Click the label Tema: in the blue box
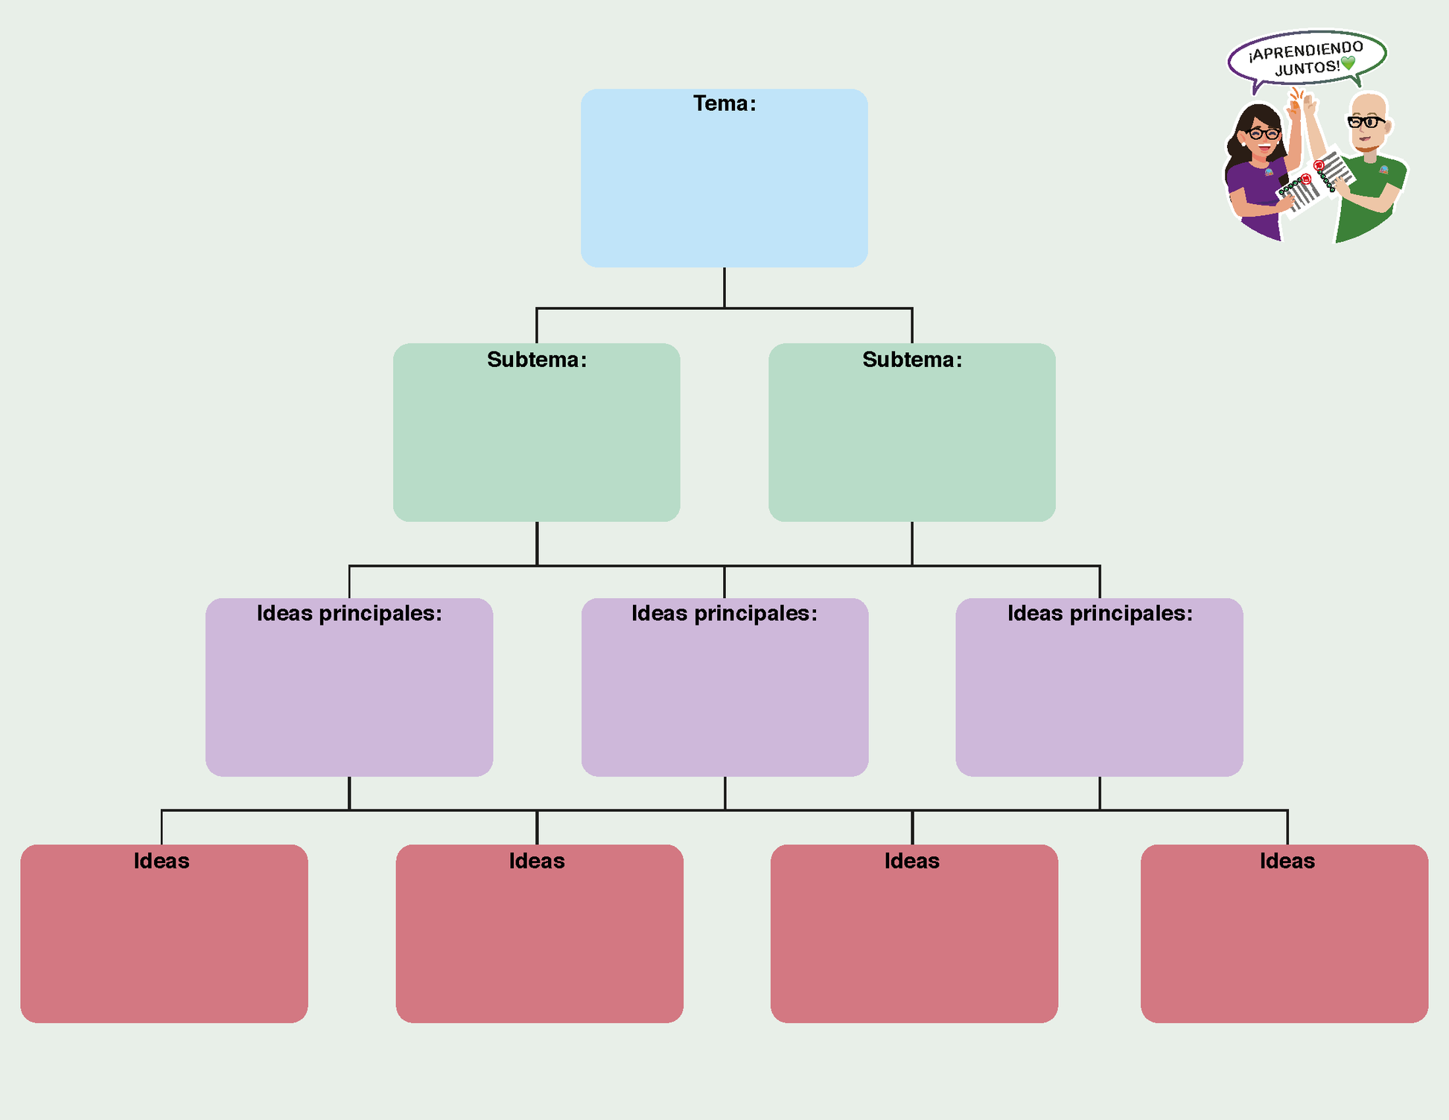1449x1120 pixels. coord(724,104)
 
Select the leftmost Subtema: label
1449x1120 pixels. coord(536,360)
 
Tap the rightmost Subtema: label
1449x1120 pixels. coord(911,360)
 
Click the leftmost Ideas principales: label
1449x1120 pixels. coord(349,614)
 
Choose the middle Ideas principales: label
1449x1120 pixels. coord(724,614)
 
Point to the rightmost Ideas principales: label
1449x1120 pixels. coord(1099,614)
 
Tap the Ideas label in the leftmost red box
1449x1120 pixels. coord(162,861)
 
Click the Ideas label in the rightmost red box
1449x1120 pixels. coord(1287,861)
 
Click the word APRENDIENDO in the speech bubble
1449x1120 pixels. coord(1306,51)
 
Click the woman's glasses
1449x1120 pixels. coord(1264,134)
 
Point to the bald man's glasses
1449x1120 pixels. coord(1366,121)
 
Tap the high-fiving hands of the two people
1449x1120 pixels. coord(1302,102)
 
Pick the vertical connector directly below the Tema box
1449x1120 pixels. coord(724,287)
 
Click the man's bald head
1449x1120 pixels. coord(1369,103)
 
